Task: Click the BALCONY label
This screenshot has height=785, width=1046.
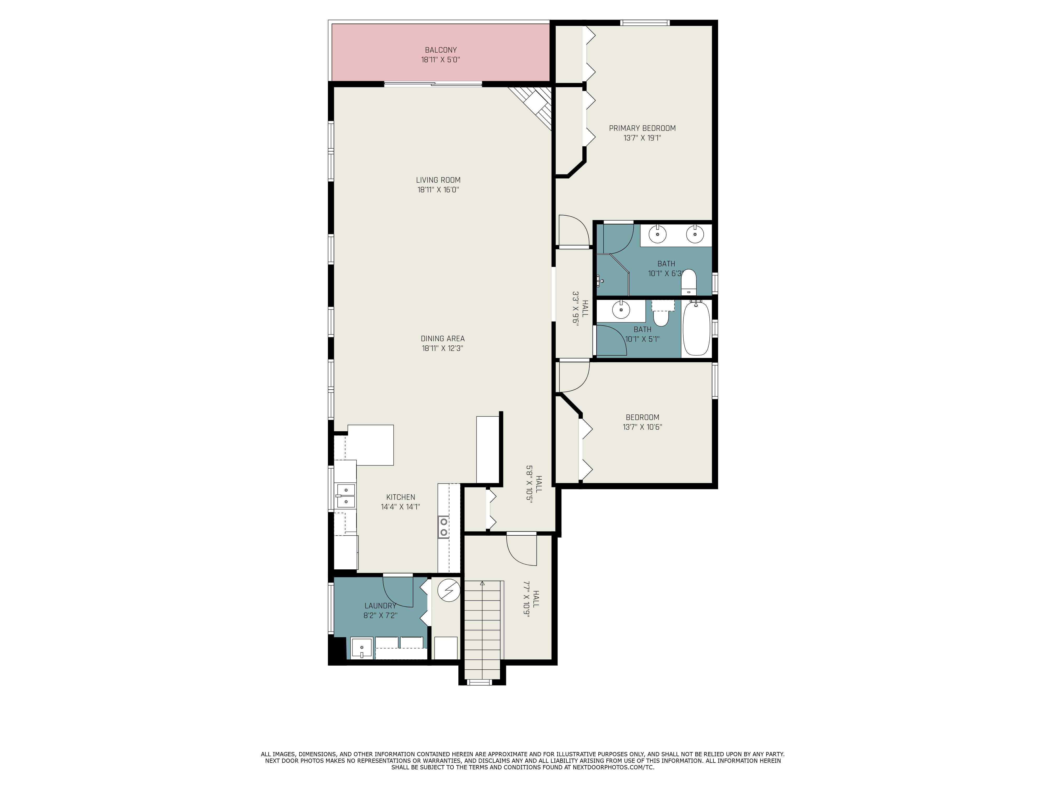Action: pos(440,50)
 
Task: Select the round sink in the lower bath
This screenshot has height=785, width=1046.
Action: pos(621,310)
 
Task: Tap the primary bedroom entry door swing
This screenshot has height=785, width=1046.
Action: pos(573,232)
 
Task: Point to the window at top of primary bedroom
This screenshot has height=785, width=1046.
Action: pos(645,22)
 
